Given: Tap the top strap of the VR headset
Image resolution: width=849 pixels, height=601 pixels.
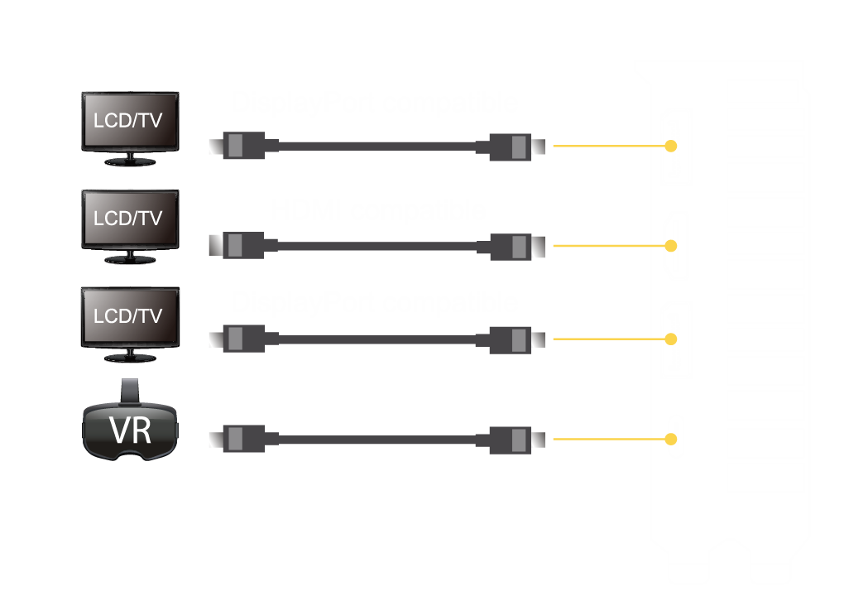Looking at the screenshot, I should click(130, 389).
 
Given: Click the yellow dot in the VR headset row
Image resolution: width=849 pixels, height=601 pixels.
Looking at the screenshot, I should click(671, 439).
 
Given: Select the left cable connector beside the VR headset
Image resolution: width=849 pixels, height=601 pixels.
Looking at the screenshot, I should click(243, 439).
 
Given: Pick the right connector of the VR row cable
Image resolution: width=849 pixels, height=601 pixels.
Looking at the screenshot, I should click(510, 439).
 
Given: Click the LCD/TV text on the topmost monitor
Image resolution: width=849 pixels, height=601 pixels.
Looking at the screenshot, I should click(128, 120).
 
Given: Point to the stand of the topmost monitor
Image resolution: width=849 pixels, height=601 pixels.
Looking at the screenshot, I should click(129, 160).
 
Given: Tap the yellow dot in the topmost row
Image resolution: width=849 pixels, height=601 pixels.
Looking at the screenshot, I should click(671, 147).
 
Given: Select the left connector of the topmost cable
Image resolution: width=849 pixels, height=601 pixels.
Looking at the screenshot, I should click(243, 147).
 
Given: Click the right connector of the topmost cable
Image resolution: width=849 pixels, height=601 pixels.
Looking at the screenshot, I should click(510, 147).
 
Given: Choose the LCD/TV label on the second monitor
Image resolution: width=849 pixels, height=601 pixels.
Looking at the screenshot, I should click(128, 219).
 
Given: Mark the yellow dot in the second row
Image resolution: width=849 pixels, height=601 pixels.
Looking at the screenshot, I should click(671, 246).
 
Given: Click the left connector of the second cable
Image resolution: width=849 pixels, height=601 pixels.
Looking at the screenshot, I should click(243, 246).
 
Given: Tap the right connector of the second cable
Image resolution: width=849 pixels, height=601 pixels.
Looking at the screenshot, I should click(510, 246).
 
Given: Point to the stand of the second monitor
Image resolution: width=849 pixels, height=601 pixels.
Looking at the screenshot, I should click(129, 257).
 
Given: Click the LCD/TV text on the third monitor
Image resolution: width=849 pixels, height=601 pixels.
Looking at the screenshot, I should click(128, 316).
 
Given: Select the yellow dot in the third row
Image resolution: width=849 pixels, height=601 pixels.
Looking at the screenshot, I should click(671, 339).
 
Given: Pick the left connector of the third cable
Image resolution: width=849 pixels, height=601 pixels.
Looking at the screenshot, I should click(243, 339).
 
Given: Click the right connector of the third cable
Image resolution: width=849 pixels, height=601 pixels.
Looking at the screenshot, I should click(510, 339).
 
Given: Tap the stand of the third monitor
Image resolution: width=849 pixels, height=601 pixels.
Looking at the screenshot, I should click(129, 356).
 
